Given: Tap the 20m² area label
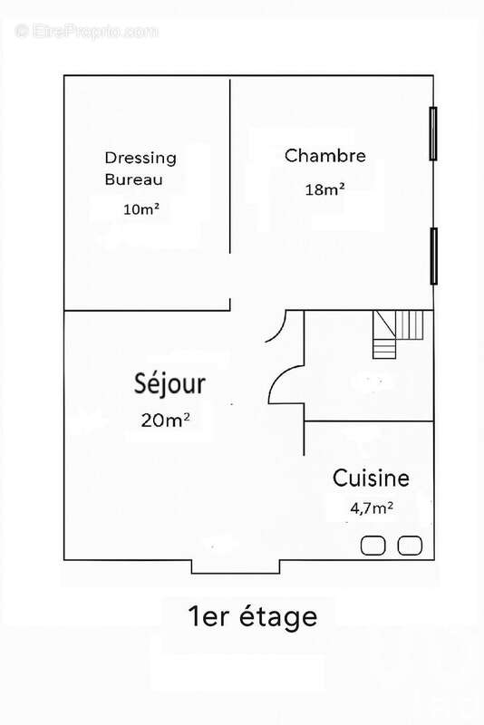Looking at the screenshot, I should (165, 420).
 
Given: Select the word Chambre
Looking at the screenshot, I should (325, 156).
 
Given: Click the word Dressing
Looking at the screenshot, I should (140, 157).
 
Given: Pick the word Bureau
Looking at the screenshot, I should (133, 179).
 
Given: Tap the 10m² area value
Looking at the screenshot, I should (141, 209).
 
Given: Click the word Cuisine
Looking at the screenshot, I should (371, 478).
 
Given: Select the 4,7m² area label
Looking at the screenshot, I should (372, 508).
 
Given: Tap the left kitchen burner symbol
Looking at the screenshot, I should (373, 545).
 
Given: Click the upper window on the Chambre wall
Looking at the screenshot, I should (433, 133).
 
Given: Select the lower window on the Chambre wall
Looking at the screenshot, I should (433, 255).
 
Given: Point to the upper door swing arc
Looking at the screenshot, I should (277, 328).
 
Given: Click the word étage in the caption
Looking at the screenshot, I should (274, 617).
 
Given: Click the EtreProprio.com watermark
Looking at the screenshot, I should (87, 32).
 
